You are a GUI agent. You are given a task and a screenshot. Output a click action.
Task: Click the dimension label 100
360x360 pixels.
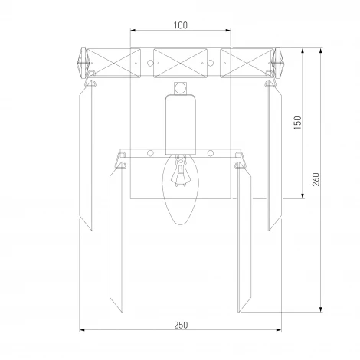pos(181,25)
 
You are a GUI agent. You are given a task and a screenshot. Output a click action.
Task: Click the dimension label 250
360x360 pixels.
pos(181,325)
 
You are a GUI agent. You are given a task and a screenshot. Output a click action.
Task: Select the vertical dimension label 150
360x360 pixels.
pos(298,123)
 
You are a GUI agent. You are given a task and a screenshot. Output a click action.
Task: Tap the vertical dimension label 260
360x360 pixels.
pos(316,179)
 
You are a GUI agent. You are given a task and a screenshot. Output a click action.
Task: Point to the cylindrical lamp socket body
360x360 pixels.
pos(181,125)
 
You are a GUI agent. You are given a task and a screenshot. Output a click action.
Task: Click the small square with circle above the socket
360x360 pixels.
pos(181,88)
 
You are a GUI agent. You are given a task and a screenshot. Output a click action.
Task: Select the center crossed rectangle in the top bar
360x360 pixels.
pos(180,63)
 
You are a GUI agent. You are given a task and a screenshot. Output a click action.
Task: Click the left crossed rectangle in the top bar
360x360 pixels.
pos(114,63)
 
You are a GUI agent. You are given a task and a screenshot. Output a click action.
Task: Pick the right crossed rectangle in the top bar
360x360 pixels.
pos(247,63)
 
